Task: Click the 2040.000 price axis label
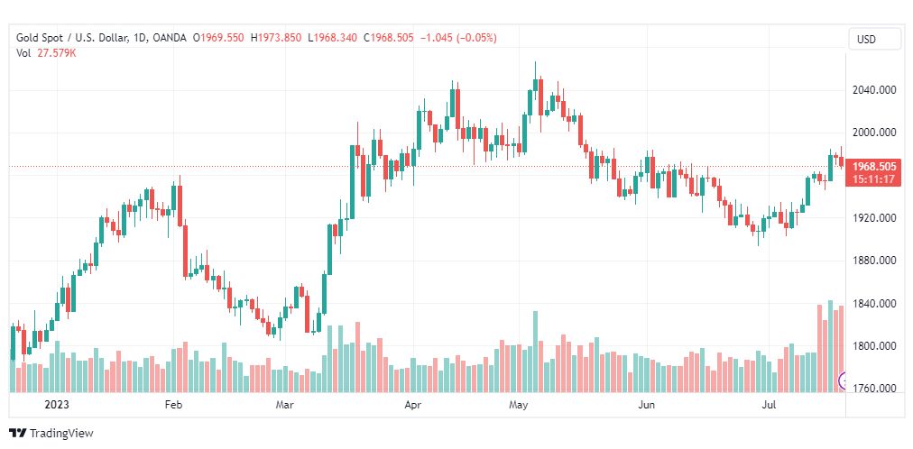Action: pyautogui.click(x=874, y=90)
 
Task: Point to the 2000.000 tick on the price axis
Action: pyautogui.click(x=874, y=133)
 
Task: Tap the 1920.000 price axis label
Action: pyautogui.click(x=874, y=218)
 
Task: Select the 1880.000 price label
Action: pyautogui.click(x=874, y=261)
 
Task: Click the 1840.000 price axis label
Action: pyautogui.click(x=874, y=304)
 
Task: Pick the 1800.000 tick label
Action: pyautogui.click(x=874, y=346)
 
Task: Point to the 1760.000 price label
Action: pyautogui.click(x=874, y=389)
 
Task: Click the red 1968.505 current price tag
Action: pyautogui.click(x=873, y=167)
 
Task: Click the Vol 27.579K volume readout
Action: pyautogui.click(x=47, y=53)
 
